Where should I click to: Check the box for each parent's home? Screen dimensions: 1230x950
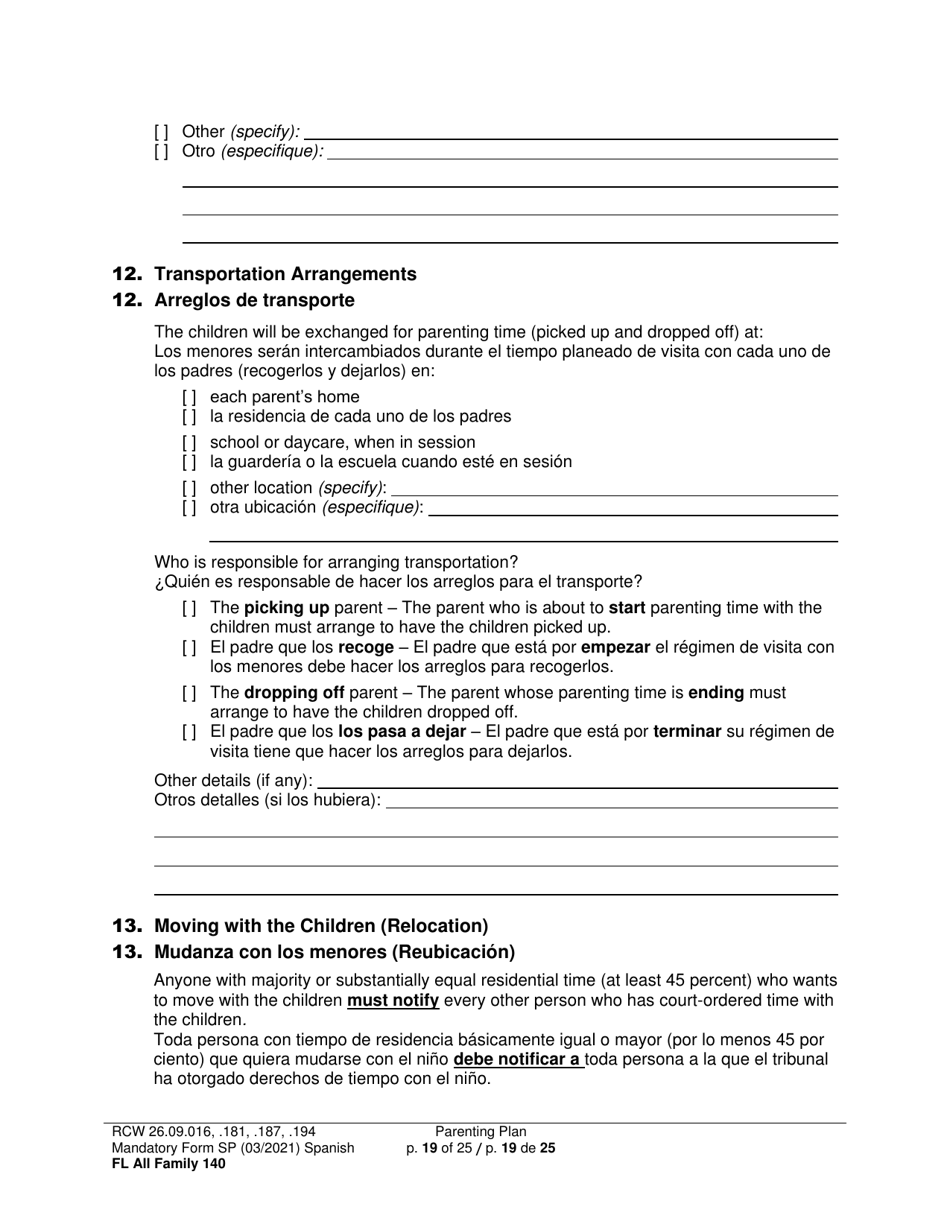pos(189,397)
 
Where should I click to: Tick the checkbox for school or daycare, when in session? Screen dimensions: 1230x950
pos(189,442)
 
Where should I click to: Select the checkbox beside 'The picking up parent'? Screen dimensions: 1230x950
pos(189,608)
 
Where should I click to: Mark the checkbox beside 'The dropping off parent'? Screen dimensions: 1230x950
pos(189,693)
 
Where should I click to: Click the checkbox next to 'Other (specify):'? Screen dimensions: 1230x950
pos(161,132)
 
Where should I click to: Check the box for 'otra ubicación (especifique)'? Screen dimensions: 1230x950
pos(189,507)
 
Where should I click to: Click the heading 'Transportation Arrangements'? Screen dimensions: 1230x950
pos(285,274)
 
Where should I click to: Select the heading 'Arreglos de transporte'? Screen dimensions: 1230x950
pos(254,300)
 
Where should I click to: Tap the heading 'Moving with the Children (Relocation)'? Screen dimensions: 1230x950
pos(321,925)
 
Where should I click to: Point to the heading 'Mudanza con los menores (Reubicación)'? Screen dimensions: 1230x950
pos(334,951)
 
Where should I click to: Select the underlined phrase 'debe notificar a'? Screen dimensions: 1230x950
pos(518,1059)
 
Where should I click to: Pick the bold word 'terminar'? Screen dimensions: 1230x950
pos(687,731)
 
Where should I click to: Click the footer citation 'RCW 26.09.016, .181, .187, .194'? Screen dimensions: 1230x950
pos(215,1132)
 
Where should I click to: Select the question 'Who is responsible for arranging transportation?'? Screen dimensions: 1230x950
pos(336,562)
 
